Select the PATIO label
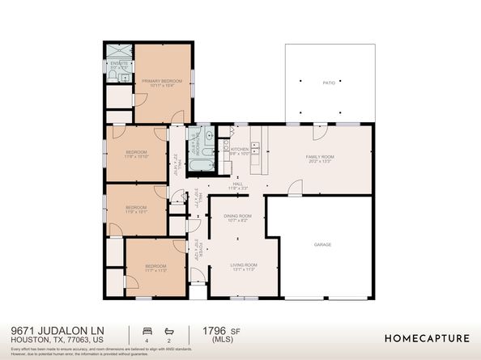pos(329,83)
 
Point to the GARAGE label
pos(323,244)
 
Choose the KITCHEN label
pos(240,150)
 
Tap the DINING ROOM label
pos(238,216)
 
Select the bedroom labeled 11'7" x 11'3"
pos(155,267)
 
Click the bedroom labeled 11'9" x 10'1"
pos(136,208)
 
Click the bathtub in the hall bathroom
pos(200,166)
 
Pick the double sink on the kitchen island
pos(256,148)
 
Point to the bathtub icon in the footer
pos(168,331)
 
